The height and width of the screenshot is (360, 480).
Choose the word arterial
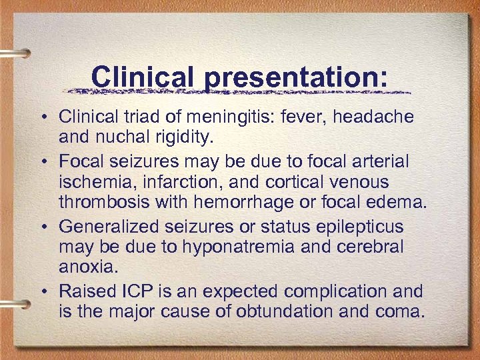pyautogui.click(x=377, y=162)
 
